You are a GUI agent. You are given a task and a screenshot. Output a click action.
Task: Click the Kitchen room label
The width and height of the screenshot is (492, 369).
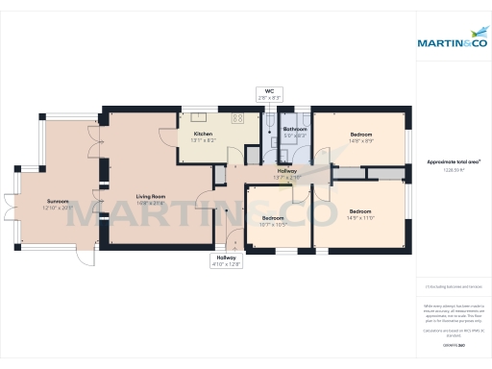[x=203, y=134]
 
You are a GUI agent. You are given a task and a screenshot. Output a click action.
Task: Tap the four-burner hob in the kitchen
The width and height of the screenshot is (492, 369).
[x=236, y=119]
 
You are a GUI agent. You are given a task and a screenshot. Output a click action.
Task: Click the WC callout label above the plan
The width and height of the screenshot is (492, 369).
[x=269, y=92]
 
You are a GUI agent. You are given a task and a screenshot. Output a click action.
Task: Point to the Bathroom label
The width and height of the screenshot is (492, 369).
[x=294, y=129]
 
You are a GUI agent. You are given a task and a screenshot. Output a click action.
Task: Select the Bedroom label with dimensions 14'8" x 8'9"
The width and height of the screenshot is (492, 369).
[x=360, y=134]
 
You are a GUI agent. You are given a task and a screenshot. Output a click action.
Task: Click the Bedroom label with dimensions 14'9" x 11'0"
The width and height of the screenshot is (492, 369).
[x=360, y=210]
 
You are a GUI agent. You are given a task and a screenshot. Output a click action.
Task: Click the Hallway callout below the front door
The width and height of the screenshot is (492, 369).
[x=227, y=258]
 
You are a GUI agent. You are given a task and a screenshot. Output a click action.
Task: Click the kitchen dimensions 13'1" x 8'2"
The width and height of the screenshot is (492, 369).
[x=203, y=140]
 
